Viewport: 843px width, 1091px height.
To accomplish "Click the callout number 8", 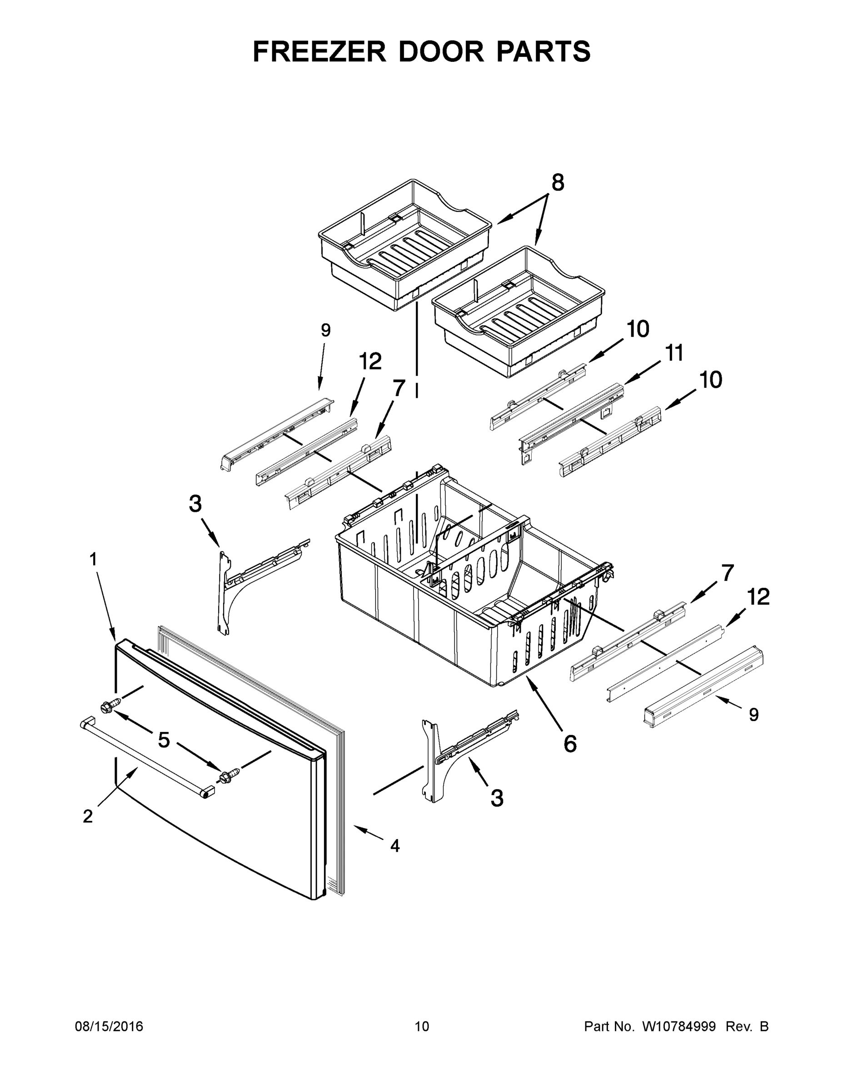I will coord(558,183).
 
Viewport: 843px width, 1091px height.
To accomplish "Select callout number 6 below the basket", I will coord(570,744).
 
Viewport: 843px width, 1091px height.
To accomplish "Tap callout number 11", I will coord(674,354).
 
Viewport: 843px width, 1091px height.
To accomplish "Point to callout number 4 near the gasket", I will coord(395,846).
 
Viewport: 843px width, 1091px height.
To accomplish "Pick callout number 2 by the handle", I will coord(88,816).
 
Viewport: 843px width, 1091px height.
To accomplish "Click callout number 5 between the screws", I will coord(164,740).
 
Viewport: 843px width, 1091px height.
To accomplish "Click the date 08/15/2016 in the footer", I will coord(109,1026).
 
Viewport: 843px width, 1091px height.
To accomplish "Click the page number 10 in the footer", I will coord(422,1026).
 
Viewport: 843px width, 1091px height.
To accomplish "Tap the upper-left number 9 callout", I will coord(326,330).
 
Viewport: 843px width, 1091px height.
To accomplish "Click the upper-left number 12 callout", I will coord(370,361).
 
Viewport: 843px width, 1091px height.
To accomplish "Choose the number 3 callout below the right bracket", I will coord(497,798).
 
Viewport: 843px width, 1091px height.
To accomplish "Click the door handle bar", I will coord(145,755).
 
